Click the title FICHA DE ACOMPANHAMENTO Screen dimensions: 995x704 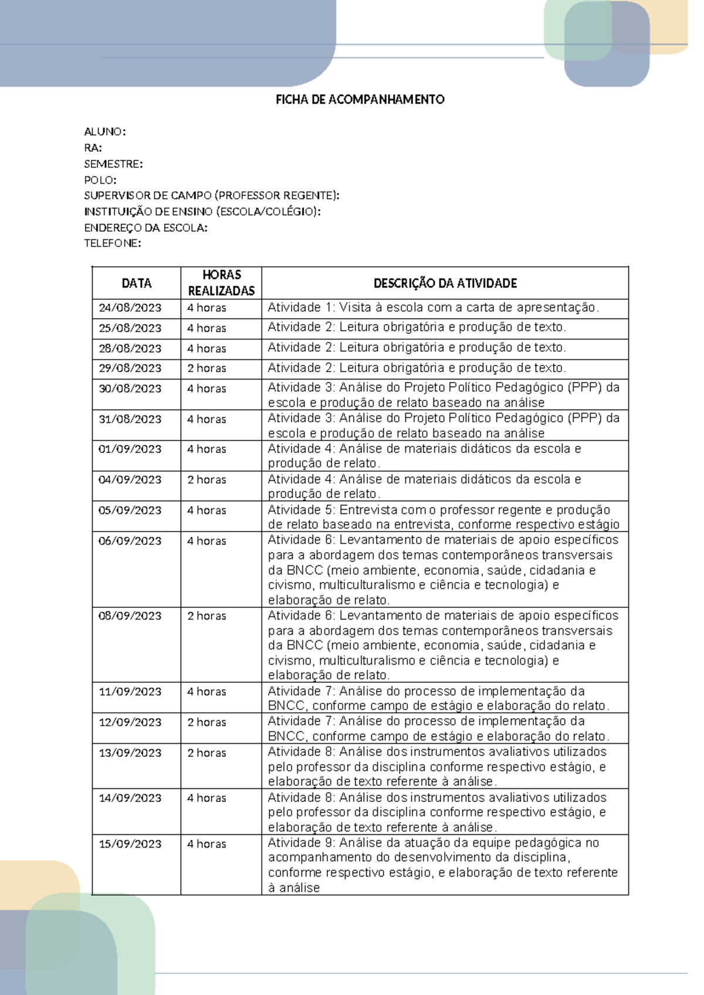360,100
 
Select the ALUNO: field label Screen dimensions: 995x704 105,131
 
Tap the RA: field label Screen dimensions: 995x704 93,147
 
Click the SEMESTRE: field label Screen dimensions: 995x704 113,164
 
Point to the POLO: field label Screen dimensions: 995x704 100,180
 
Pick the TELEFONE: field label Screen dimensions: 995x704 112,243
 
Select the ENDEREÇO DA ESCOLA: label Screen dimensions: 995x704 145,228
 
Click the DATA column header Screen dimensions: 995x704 136,283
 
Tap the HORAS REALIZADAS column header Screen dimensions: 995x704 221,283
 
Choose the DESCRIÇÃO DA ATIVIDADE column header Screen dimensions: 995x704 445,283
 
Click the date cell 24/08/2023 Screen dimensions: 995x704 130,308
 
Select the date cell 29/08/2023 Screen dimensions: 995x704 130,368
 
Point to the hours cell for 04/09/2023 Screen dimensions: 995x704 207,480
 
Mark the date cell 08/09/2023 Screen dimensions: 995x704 130,616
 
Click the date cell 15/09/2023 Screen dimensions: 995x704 130,844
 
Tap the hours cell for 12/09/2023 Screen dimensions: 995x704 207,722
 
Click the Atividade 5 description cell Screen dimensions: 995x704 444,517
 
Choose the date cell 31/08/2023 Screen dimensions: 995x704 130,419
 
